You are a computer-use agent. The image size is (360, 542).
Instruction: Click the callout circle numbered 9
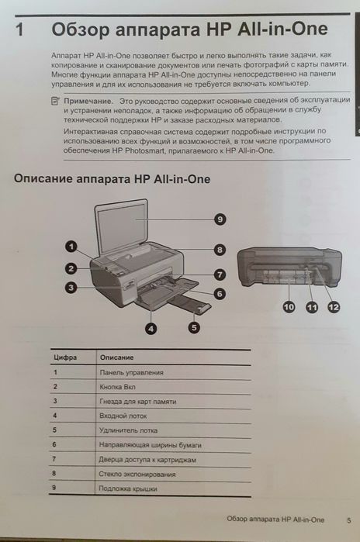(220, 220)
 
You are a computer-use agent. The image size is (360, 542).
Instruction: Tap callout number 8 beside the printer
(220, 250)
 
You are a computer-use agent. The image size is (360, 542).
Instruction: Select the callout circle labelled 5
(193, 328)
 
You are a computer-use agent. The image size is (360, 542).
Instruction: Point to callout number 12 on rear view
(333, 308)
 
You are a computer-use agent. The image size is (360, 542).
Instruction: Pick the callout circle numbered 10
(288, 308)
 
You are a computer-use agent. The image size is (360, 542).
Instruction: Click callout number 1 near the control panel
(70, 247)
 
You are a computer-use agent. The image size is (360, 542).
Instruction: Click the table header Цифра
(63, 358)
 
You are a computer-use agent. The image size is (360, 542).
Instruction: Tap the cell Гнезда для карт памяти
(137, 401)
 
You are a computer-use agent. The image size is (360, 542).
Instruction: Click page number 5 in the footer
(348, 519)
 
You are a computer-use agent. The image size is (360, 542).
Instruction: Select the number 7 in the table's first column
(55, 458)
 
